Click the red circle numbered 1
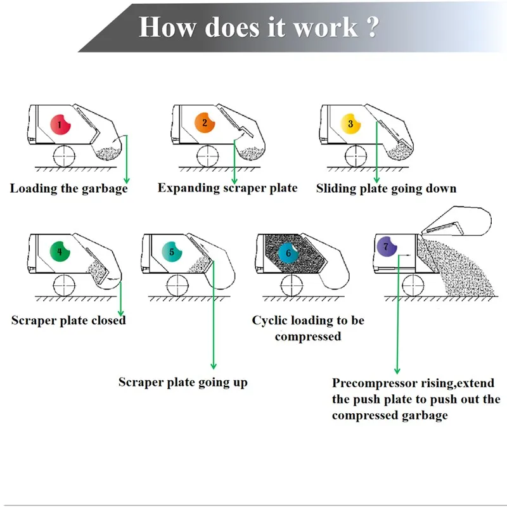(x=60, y=124)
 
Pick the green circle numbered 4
(x=60, y=252)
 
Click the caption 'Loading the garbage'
(x=69, y=188)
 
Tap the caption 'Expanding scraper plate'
(x=228, y=188)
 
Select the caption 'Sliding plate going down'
(x=386, y=188)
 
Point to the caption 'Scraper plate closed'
(x=68, y=320)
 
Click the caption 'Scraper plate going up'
(x=183, y=382)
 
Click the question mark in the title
(x=371, y=28)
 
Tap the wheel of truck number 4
(x=63, y=285)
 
